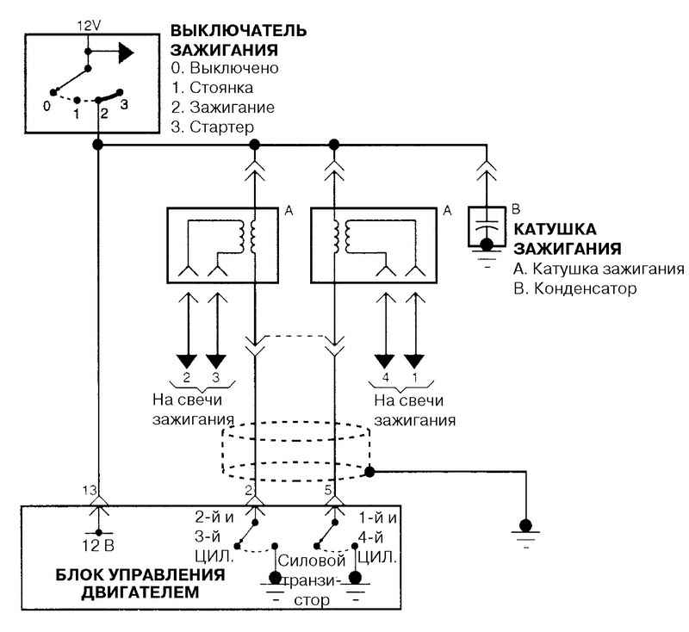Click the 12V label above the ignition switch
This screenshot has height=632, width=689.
click(90, 26)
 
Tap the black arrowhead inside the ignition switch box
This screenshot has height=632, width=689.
click(126, 53)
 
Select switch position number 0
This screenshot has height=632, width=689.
click(47, 106)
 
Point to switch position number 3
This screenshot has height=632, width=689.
click(124, 104)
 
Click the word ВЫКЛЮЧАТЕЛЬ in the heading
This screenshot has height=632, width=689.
click(239, 31)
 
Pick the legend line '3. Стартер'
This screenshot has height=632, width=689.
click(213, 127)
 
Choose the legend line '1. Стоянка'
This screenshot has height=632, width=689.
click(212, 88)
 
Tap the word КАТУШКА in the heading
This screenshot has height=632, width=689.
click(556, 229)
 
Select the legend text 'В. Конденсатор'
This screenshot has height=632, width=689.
click(575, 288)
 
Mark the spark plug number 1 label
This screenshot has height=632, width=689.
click(414, 377)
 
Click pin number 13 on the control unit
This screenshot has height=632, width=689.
click(90, 490)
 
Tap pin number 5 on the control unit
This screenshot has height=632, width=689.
click(328, 490)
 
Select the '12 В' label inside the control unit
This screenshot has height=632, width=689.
click(98, 546)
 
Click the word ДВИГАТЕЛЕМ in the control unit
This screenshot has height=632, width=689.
click(140, 592)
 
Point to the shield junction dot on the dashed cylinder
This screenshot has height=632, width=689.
click(369, 472)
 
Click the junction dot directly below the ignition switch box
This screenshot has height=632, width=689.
click(98, 145)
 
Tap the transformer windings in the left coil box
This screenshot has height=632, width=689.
click(247, 236)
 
